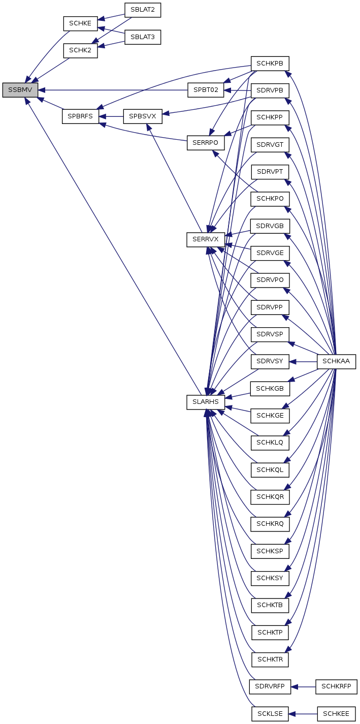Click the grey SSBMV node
pos(20,90)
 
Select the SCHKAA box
pos(337,361)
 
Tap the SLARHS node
pos(206,402)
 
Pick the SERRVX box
pos(206,239)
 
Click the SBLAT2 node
pos(143,10)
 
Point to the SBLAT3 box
pos(143,37)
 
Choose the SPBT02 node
pos(206,90)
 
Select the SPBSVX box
pos(143,116)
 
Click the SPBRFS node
pos(80,116)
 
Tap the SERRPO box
pos(206,143)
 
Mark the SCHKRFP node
pos(337,686)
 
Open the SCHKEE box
pos(337,714)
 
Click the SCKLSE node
pos(270,714)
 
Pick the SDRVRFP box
pos(270,686)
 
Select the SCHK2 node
pos(80,50)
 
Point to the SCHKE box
pos(80,23)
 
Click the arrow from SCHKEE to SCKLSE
pos(303,714)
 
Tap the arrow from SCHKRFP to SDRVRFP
pos(303,686)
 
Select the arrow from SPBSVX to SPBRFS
pos(111,116)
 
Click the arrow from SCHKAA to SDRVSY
pos(303,361)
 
